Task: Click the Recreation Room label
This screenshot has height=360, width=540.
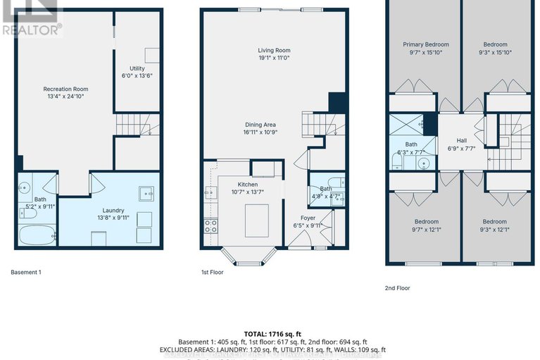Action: (65, 89)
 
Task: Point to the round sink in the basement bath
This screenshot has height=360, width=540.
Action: (23, 189)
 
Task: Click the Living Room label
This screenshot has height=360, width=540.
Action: (273, 51)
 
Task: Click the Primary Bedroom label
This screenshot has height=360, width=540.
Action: (425, 44)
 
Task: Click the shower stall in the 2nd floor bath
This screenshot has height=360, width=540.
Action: (406, 126)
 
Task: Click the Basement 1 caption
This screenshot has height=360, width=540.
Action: (26, 271)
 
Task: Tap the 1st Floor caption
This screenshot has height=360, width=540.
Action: (212, 271)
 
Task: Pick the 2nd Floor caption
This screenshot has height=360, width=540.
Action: (398, 287)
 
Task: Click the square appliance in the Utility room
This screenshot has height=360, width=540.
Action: (151, 55)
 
